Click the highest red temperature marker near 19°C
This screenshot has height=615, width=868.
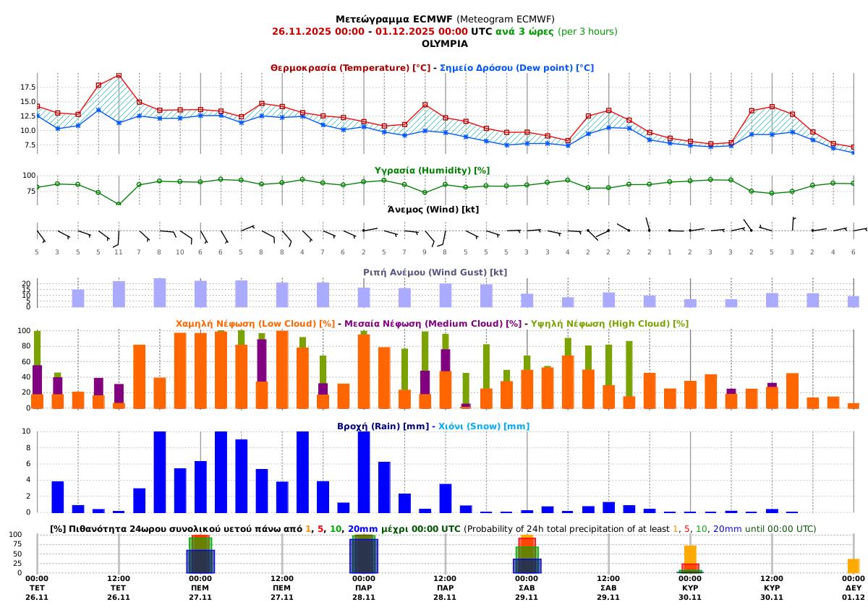click(119, 75)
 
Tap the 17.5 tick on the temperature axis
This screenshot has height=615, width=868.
click(27, 87)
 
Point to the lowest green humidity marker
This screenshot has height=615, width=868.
click(119, 204)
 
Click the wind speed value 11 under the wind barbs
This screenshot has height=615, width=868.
click(119, 251)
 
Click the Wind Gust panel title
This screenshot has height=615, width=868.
click(435, 272)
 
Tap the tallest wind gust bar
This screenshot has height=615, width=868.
click(160, 293)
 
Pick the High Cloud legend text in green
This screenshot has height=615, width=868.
click(610, 324)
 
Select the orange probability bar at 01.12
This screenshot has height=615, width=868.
click(854, 566)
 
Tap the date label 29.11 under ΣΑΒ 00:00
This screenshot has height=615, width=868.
click(527, 597)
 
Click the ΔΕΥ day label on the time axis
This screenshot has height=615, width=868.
click(854, 588)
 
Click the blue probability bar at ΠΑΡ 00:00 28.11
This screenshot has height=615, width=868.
click(364, 556)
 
